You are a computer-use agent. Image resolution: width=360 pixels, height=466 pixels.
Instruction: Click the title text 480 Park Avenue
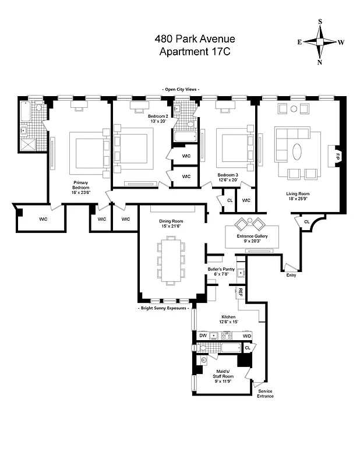(195, 39)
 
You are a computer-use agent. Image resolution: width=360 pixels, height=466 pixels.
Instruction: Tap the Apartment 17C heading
(195, 52)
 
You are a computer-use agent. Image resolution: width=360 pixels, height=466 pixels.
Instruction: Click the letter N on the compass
(319, 62)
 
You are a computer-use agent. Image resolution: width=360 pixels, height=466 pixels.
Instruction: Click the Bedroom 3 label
(228, 178)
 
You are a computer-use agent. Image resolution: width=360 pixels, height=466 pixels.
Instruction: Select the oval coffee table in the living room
(297, 151)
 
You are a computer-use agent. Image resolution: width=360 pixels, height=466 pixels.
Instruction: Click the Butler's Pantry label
(221, 273)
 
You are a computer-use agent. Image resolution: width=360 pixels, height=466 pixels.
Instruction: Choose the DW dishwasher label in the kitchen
(203, 336)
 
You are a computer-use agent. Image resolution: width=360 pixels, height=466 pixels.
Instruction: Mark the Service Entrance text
(265, 394)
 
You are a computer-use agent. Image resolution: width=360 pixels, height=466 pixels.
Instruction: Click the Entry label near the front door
(291, 275)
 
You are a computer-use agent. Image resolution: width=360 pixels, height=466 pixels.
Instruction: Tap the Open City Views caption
(181, 89)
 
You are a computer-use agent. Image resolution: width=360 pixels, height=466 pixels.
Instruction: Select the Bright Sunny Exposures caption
(165, 307)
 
